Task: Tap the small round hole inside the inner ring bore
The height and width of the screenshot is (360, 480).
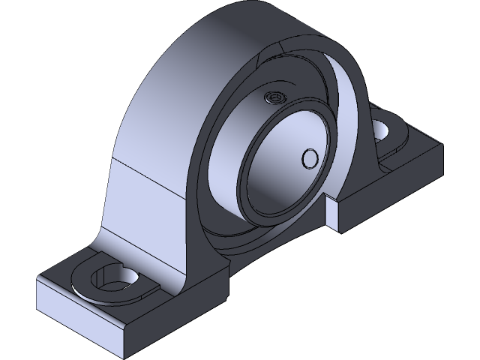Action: [x=308, y=157]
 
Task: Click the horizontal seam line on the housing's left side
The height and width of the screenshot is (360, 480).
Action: [x=150, y=169]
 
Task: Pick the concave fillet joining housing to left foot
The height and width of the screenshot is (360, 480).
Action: [x=105, y=240]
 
